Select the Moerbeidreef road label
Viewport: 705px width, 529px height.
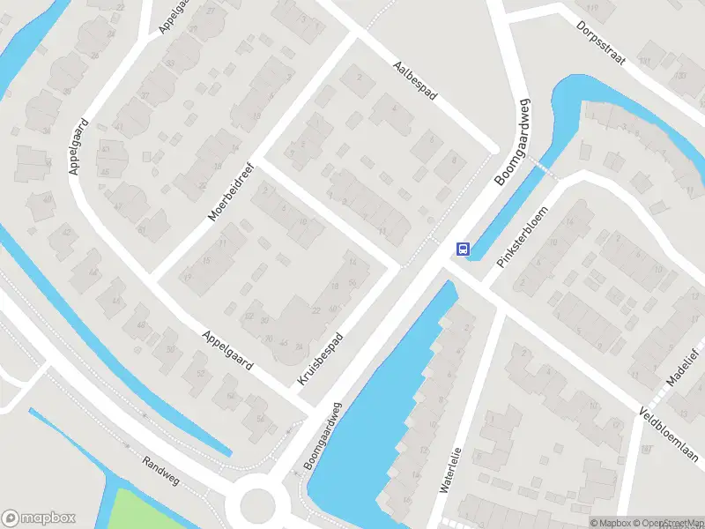230,191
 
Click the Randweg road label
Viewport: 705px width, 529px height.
161,472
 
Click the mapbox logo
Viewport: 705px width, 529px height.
39,518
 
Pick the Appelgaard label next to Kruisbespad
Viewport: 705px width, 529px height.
227,350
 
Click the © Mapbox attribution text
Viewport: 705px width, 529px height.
614,523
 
